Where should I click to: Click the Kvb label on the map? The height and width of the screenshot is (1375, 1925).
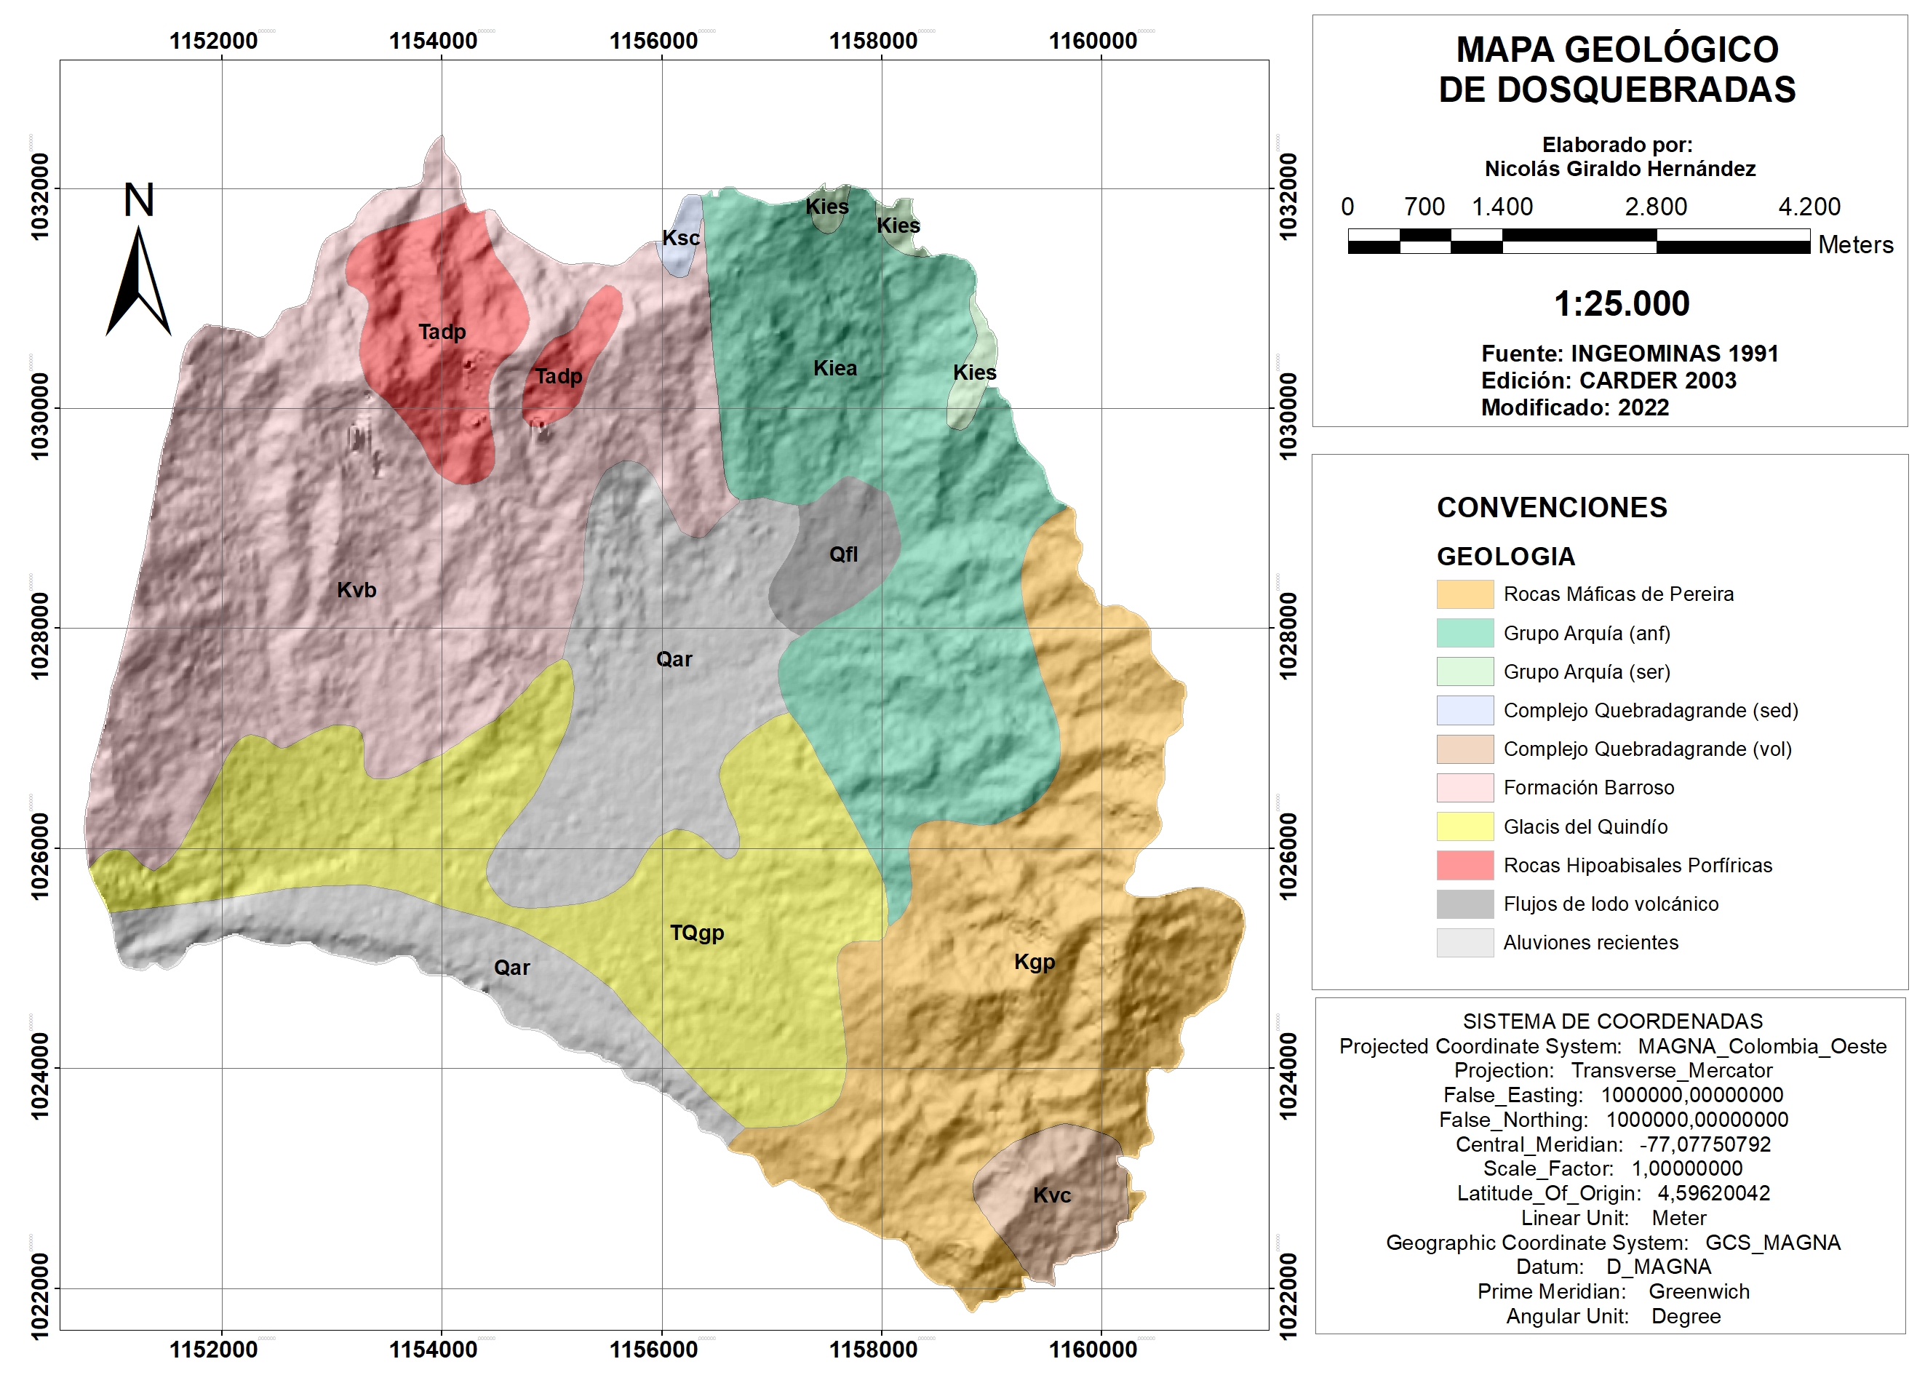tap(356, 590)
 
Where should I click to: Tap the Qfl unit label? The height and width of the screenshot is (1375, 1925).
tap(843, 554)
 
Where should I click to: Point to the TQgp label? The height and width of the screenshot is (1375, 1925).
tap(697, 933)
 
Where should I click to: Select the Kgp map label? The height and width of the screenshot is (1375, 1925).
tap(1035, 962)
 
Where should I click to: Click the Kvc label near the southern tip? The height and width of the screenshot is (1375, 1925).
tap(1052, 1195)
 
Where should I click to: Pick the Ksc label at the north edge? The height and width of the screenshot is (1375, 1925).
tap(681, 238)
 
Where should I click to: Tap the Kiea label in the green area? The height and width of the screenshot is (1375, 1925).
tap(834, 368)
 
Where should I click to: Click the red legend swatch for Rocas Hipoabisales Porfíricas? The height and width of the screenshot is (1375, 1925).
tap(1464, 865)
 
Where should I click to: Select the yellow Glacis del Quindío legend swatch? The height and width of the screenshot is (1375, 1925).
tap(1464, 826)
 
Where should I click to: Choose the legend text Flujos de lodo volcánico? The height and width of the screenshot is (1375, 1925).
tap(1610, 904)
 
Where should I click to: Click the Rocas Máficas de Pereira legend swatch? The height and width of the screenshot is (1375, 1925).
tap(1464, 594)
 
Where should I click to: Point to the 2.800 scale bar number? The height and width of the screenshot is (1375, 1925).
tap(1655, 207)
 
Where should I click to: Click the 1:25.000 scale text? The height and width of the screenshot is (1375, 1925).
tap(1621, 304)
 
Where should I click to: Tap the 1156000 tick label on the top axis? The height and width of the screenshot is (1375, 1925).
tap(653, 41)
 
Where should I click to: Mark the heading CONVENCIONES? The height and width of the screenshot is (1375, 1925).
tap(1552, 507)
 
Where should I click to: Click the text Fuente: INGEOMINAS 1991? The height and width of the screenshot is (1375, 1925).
tap(1629, 354)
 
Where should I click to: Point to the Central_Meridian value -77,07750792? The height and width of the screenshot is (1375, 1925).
tap(1704, 1144)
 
